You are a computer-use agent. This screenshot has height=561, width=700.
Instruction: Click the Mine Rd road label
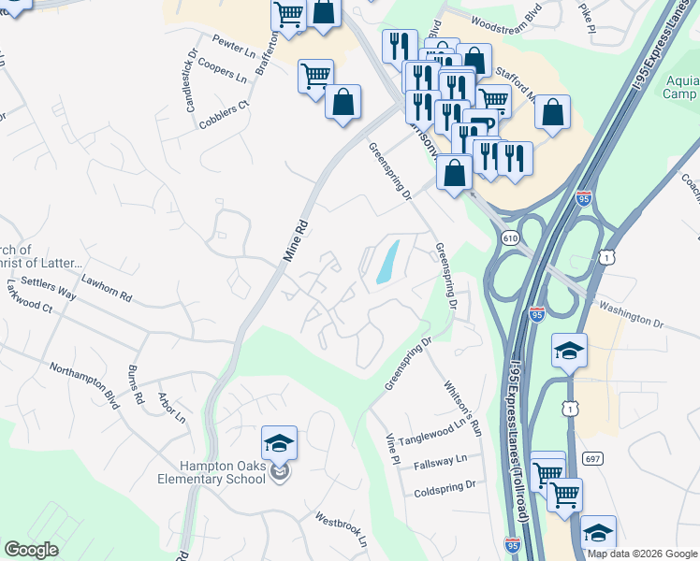coord(296,240)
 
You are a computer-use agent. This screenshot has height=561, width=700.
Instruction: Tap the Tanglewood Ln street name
coord(432,432)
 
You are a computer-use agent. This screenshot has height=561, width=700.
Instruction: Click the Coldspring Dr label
coord(445,488)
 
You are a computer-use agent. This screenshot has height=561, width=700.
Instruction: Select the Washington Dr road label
coord(631,314)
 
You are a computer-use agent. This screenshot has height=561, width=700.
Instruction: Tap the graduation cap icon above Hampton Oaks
coord(279,442)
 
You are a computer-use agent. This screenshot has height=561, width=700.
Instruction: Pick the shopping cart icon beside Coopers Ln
coord(316,76)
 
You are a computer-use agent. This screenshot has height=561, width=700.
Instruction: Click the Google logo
coord(33,550)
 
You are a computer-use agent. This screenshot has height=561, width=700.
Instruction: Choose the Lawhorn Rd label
coord(106,294)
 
